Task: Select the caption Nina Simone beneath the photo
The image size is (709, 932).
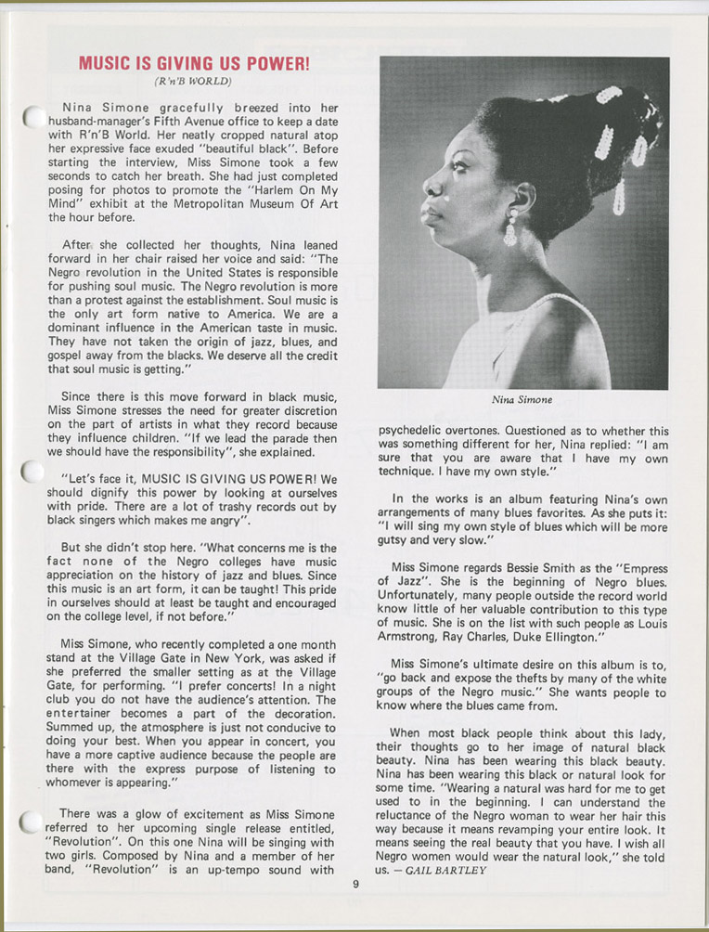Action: point(522,401)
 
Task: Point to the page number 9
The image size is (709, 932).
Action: point(355,883)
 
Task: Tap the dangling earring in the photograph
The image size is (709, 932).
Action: point(509,228)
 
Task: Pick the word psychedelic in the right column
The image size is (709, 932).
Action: point(419,431)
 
